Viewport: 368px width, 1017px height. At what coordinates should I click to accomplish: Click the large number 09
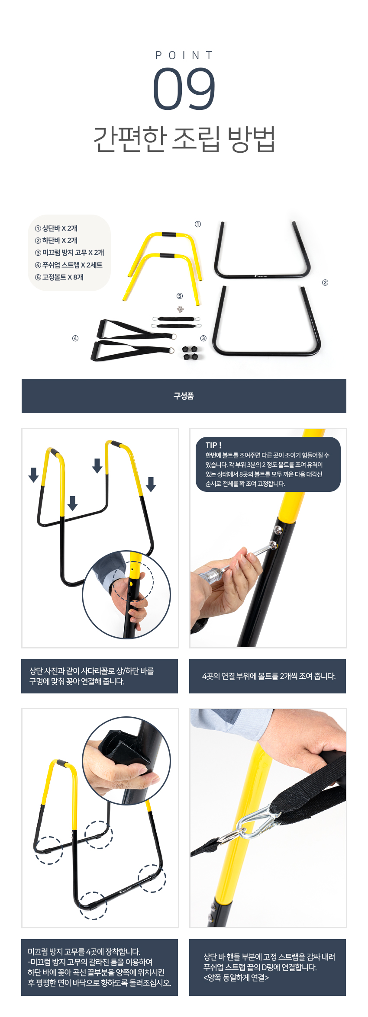(184, 88)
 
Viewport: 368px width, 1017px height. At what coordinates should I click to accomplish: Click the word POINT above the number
(184, 55)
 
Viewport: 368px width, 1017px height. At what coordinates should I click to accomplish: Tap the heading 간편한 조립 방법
(184, 139)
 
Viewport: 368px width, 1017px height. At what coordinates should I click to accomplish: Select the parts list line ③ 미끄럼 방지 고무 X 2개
(69, 253)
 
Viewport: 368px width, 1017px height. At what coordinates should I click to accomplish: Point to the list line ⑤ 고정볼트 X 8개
(59, 277)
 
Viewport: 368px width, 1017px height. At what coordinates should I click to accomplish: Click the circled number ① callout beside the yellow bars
(198, 224)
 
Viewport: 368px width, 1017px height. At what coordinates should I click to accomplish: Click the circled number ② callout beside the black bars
(325, 282)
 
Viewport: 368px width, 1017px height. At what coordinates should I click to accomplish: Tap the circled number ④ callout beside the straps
(75, 338)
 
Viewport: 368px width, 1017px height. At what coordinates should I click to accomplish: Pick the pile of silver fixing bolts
(180, 309)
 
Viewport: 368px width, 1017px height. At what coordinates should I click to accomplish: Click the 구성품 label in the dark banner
(184, 396)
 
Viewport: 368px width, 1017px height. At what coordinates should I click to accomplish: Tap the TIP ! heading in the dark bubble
(213, 445)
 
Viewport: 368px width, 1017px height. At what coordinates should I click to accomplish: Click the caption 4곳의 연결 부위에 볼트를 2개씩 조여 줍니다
(269, 676)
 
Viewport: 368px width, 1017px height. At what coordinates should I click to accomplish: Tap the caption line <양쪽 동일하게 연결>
(236, 978)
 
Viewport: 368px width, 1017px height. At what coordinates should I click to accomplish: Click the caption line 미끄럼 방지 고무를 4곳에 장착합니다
(84, 952)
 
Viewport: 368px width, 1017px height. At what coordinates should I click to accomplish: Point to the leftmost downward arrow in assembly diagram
(33, 475)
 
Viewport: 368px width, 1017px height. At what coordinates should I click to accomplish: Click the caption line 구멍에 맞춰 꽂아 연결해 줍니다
(77, 681)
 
